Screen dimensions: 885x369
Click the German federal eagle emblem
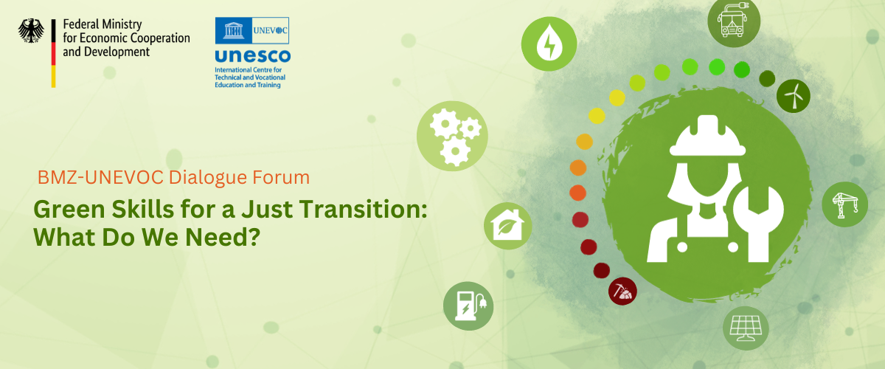[31, 30]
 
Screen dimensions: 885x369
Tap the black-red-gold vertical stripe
[53, 53]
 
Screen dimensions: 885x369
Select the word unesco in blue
[253, 56]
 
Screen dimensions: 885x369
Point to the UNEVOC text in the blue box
[270, 30]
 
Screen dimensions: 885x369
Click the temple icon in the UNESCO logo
[234, 30]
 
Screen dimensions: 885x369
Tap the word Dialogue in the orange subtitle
[208, 178]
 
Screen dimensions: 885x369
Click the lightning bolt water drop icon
[549, 44]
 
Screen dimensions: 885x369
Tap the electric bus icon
[733, 21]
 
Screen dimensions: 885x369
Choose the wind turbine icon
[793, 96]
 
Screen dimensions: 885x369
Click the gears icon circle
[452, 136]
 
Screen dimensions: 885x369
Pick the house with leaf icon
[507, 226]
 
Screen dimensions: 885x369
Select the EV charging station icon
[468, 306]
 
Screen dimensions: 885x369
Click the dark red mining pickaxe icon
[622, 291]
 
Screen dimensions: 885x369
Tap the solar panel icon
[746, 328]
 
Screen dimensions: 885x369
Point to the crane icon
[844, 204]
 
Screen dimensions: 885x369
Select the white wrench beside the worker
[758, 224]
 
